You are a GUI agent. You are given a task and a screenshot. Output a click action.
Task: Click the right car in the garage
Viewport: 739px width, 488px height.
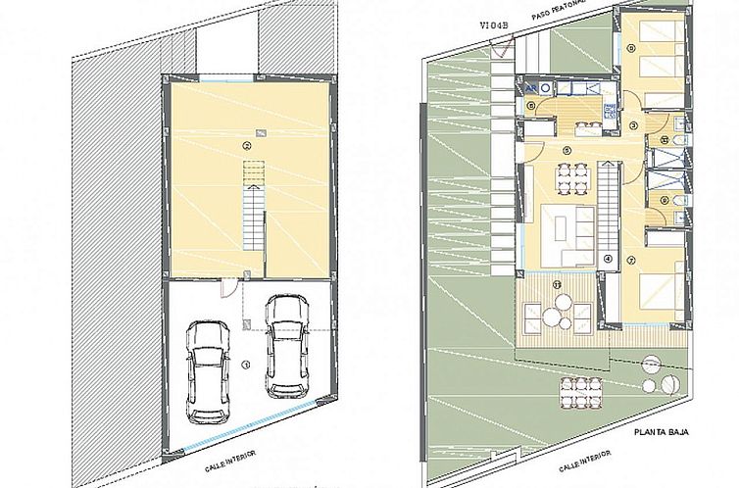click(x=285, y=346)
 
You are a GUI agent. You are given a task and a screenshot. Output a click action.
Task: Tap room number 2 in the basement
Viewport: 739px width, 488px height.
click(x=247, y=146)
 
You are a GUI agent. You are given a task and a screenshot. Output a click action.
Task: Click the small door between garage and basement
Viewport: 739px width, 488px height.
click(x=227, y=285)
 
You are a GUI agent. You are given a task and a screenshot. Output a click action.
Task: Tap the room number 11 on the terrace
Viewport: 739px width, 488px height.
click(x=557, y=285)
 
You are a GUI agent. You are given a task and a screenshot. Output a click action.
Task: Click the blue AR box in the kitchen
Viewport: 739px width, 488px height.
click(x=531, y=85)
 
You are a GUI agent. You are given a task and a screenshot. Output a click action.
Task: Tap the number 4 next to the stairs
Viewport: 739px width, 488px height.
click(x=608, y=260)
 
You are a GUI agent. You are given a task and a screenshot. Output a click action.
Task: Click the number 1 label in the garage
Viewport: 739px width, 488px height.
click(x=246, y=365)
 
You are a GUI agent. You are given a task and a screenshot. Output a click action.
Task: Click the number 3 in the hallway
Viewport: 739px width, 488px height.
click(x=633, y=125)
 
